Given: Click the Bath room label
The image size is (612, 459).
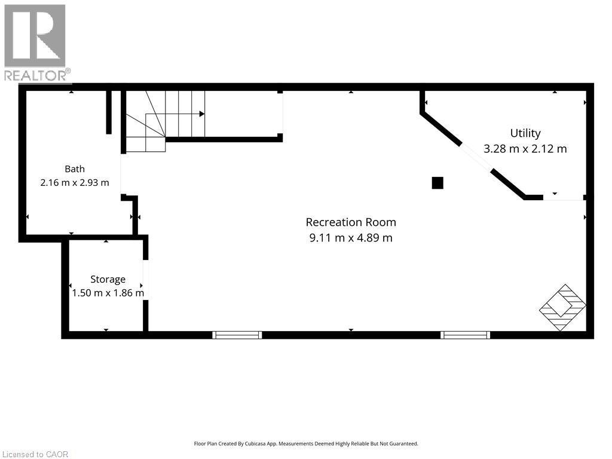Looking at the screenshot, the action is (x=75, y=169).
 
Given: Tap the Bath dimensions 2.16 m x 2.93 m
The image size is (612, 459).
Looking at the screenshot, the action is (x=75, y=183).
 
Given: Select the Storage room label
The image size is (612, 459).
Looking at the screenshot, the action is (x=108, y=280).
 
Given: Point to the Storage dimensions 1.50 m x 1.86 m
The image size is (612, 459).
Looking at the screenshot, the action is (x=108, y=293).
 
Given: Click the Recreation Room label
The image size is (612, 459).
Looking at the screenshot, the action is (x=351, y=222).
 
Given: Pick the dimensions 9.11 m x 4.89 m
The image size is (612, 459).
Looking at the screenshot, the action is (x=351, y=238).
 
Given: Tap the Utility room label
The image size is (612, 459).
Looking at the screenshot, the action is (x=525, y=133).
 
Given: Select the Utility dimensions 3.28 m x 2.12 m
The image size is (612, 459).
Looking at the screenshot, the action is (x=525, y=149).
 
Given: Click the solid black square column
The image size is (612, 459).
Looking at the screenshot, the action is (x=437, y=183).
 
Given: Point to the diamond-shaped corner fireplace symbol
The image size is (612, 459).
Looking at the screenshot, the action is (x=562, y=308).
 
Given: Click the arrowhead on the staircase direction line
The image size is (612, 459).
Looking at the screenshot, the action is (x=202, y=114).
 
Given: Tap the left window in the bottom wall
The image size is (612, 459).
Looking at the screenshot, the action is (x=237, y=335).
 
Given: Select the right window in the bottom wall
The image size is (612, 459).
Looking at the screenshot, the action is (x=465, y=335).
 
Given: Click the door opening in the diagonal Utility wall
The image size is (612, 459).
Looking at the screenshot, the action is (x=476, y=158).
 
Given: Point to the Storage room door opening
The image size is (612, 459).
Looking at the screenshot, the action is (x=145, y=280).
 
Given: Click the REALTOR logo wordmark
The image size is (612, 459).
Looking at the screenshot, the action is (x=37, y=76).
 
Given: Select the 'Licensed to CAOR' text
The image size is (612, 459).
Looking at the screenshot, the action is (x=35, y=454).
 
